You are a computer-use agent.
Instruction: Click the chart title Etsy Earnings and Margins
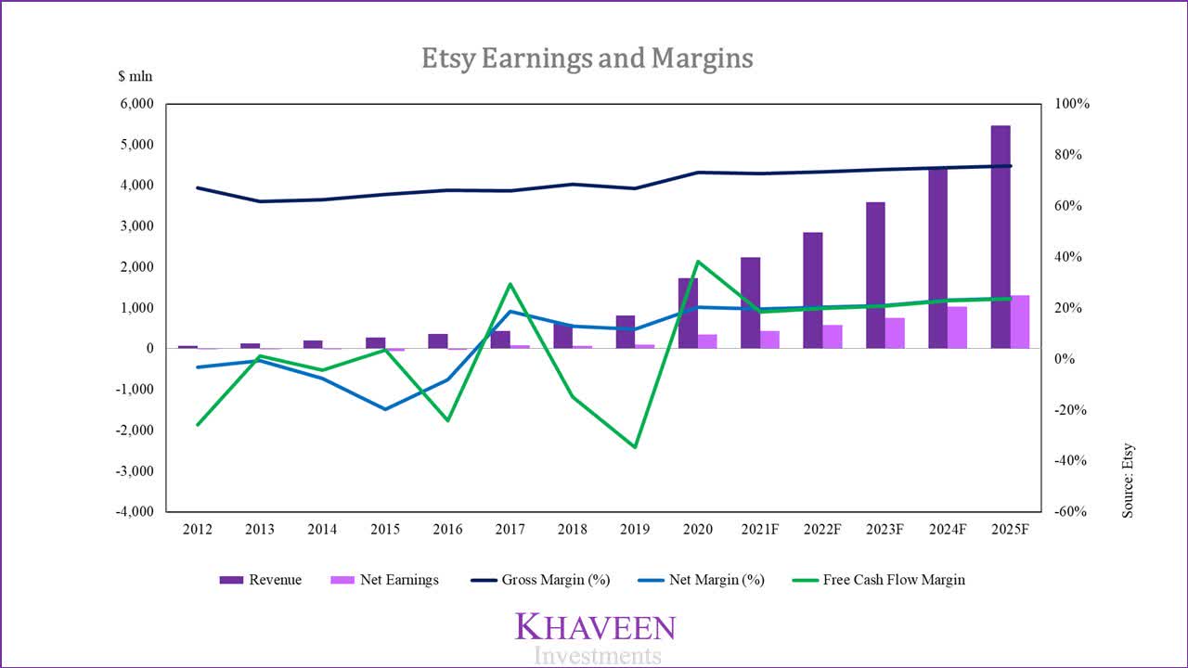587,58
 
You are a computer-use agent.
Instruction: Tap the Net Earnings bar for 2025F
1019,322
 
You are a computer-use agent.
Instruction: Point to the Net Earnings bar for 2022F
832,337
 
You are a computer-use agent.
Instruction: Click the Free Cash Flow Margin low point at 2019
635,447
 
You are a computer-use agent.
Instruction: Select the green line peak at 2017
510,284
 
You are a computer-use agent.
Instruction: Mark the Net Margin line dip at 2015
385,409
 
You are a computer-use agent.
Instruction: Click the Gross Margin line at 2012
198,187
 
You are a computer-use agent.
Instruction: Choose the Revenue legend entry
260,580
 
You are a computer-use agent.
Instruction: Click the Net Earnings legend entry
383,580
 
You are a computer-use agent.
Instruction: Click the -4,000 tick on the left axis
134,511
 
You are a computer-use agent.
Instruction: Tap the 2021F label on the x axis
760,529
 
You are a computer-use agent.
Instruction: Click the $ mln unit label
135,77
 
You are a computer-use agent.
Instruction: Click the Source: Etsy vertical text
1129,480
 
